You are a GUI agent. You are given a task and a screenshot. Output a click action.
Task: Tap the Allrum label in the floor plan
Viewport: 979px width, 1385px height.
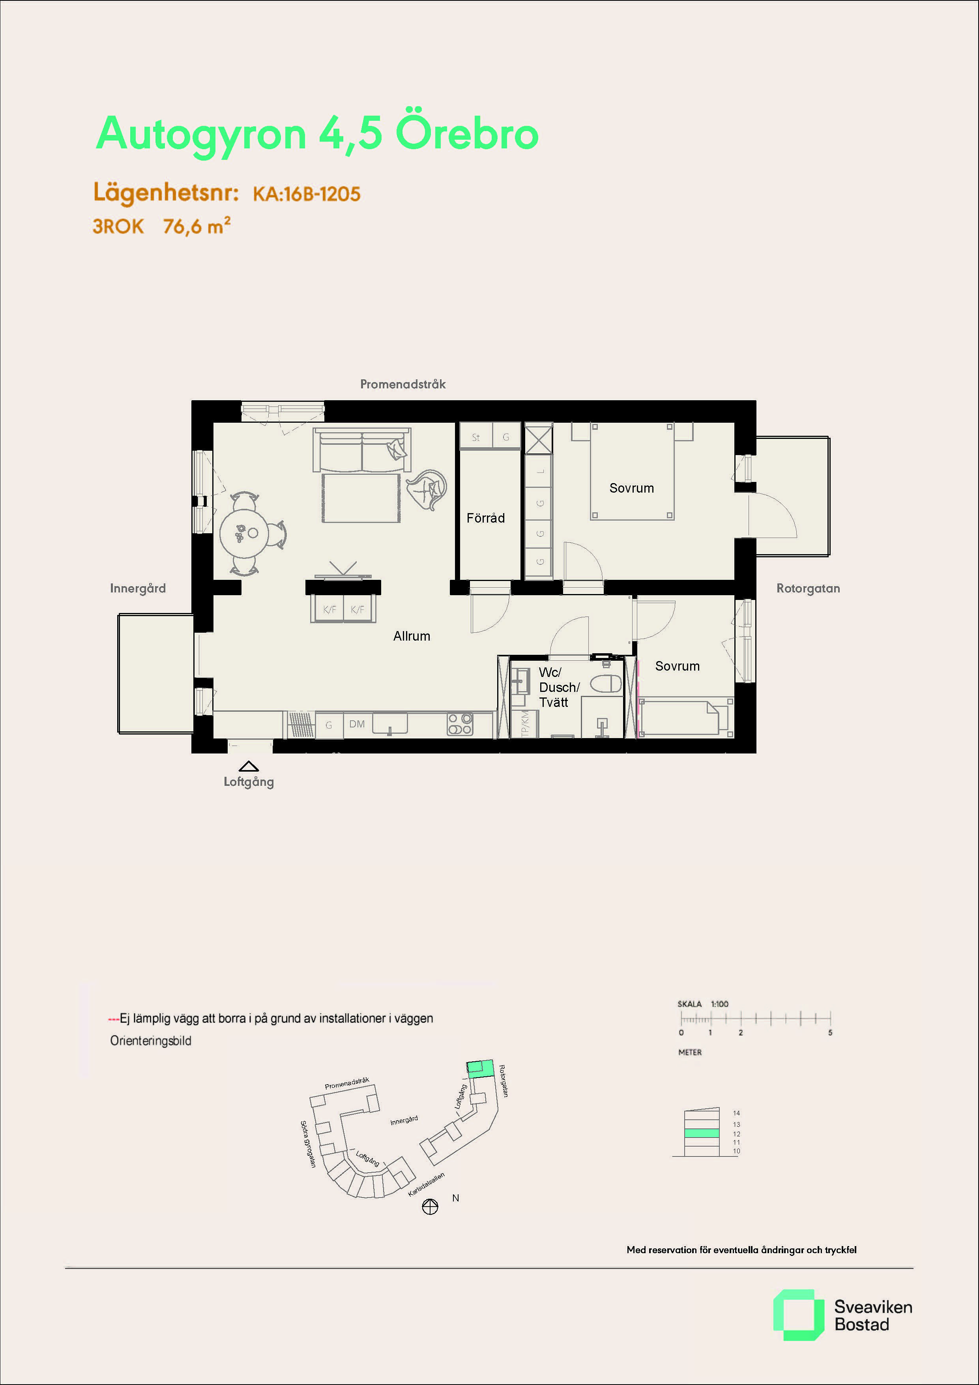pyautogui.click(x=412, y=636)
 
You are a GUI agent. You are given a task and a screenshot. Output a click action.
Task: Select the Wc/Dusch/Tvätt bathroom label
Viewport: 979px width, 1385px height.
pyautogui.click(x=559, y=687)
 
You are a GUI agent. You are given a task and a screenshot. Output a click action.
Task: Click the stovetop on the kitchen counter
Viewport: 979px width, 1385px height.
pyautogui.click(x=460, y=724)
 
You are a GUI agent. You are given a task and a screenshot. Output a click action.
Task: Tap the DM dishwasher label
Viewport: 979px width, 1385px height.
pyautogui.click(x=357, y=724)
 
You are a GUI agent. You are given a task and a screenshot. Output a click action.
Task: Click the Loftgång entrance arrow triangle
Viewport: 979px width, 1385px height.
pyautogui.click(x=249, y=766)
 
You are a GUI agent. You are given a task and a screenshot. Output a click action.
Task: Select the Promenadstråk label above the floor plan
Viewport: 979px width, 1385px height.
pyautogui.click(x=403, y=384)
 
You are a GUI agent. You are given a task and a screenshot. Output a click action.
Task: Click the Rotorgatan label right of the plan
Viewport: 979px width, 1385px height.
pyautogui.click(x=808, y=588)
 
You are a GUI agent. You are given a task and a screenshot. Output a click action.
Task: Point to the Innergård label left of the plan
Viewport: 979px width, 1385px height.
pyautogui.click(x=138, y=588)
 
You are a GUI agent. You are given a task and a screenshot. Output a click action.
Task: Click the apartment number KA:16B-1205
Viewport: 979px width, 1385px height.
pyautogui.click(x=307, y=194)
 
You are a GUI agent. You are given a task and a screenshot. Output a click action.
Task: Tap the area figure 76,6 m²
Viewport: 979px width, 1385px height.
pyautogui.click(x=197, y=226)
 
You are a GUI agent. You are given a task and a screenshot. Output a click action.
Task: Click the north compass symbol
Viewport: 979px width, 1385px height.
pyautogui.click(x=430, y=1207)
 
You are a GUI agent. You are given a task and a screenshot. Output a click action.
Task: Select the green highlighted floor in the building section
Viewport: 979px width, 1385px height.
pyautogui.click(x=702, y=1134)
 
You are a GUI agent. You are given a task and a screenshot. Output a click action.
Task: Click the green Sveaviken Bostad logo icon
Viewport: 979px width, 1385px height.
pyautogui.click(x=798, y=1315)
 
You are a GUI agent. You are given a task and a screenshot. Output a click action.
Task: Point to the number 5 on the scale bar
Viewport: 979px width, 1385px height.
pyautogui.click(x=830, y=1033)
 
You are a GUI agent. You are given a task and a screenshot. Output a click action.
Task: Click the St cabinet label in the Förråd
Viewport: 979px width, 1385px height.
pyautogui.click(x=476, y=437)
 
